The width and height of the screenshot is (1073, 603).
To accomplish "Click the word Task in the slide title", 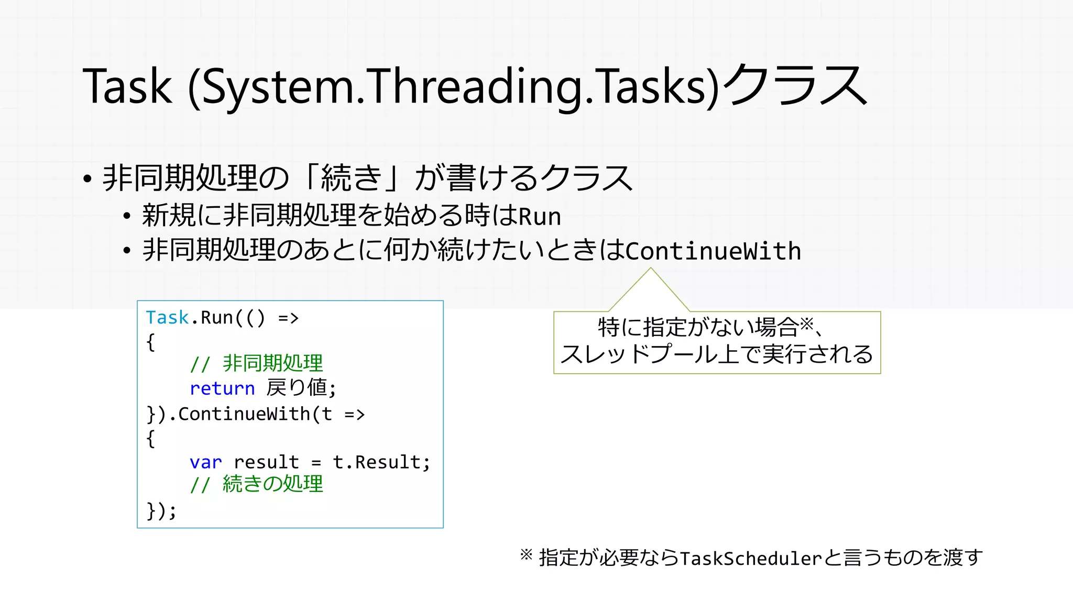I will coord(127,87).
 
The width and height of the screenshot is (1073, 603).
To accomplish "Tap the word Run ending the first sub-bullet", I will coord(540,217).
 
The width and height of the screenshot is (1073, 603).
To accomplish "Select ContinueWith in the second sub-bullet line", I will coord(713,251).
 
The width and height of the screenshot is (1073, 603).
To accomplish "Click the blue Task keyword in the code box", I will coord(167,318).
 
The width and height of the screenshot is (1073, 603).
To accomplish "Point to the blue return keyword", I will coord(222,388).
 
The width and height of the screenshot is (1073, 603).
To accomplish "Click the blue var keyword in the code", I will coord(205,462).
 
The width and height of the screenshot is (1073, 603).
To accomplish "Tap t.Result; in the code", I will coord(381,462).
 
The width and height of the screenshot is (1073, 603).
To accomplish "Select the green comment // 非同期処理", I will coord(256,363).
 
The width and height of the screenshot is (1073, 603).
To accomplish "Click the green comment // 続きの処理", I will coord(256,484).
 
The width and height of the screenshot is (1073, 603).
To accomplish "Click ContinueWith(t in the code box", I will coord(255,414).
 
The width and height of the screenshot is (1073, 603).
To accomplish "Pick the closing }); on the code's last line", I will coord(161,510).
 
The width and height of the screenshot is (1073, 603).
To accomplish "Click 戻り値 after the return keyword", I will coord(297,388).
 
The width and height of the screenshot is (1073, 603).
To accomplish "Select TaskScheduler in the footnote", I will coord(751,559).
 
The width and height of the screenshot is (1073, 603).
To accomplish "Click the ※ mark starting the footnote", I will coord(526,555).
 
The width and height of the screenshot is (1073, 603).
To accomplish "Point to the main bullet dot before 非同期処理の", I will coord(87,179).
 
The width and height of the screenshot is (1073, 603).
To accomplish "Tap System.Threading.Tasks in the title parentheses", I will coord(454,87).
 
